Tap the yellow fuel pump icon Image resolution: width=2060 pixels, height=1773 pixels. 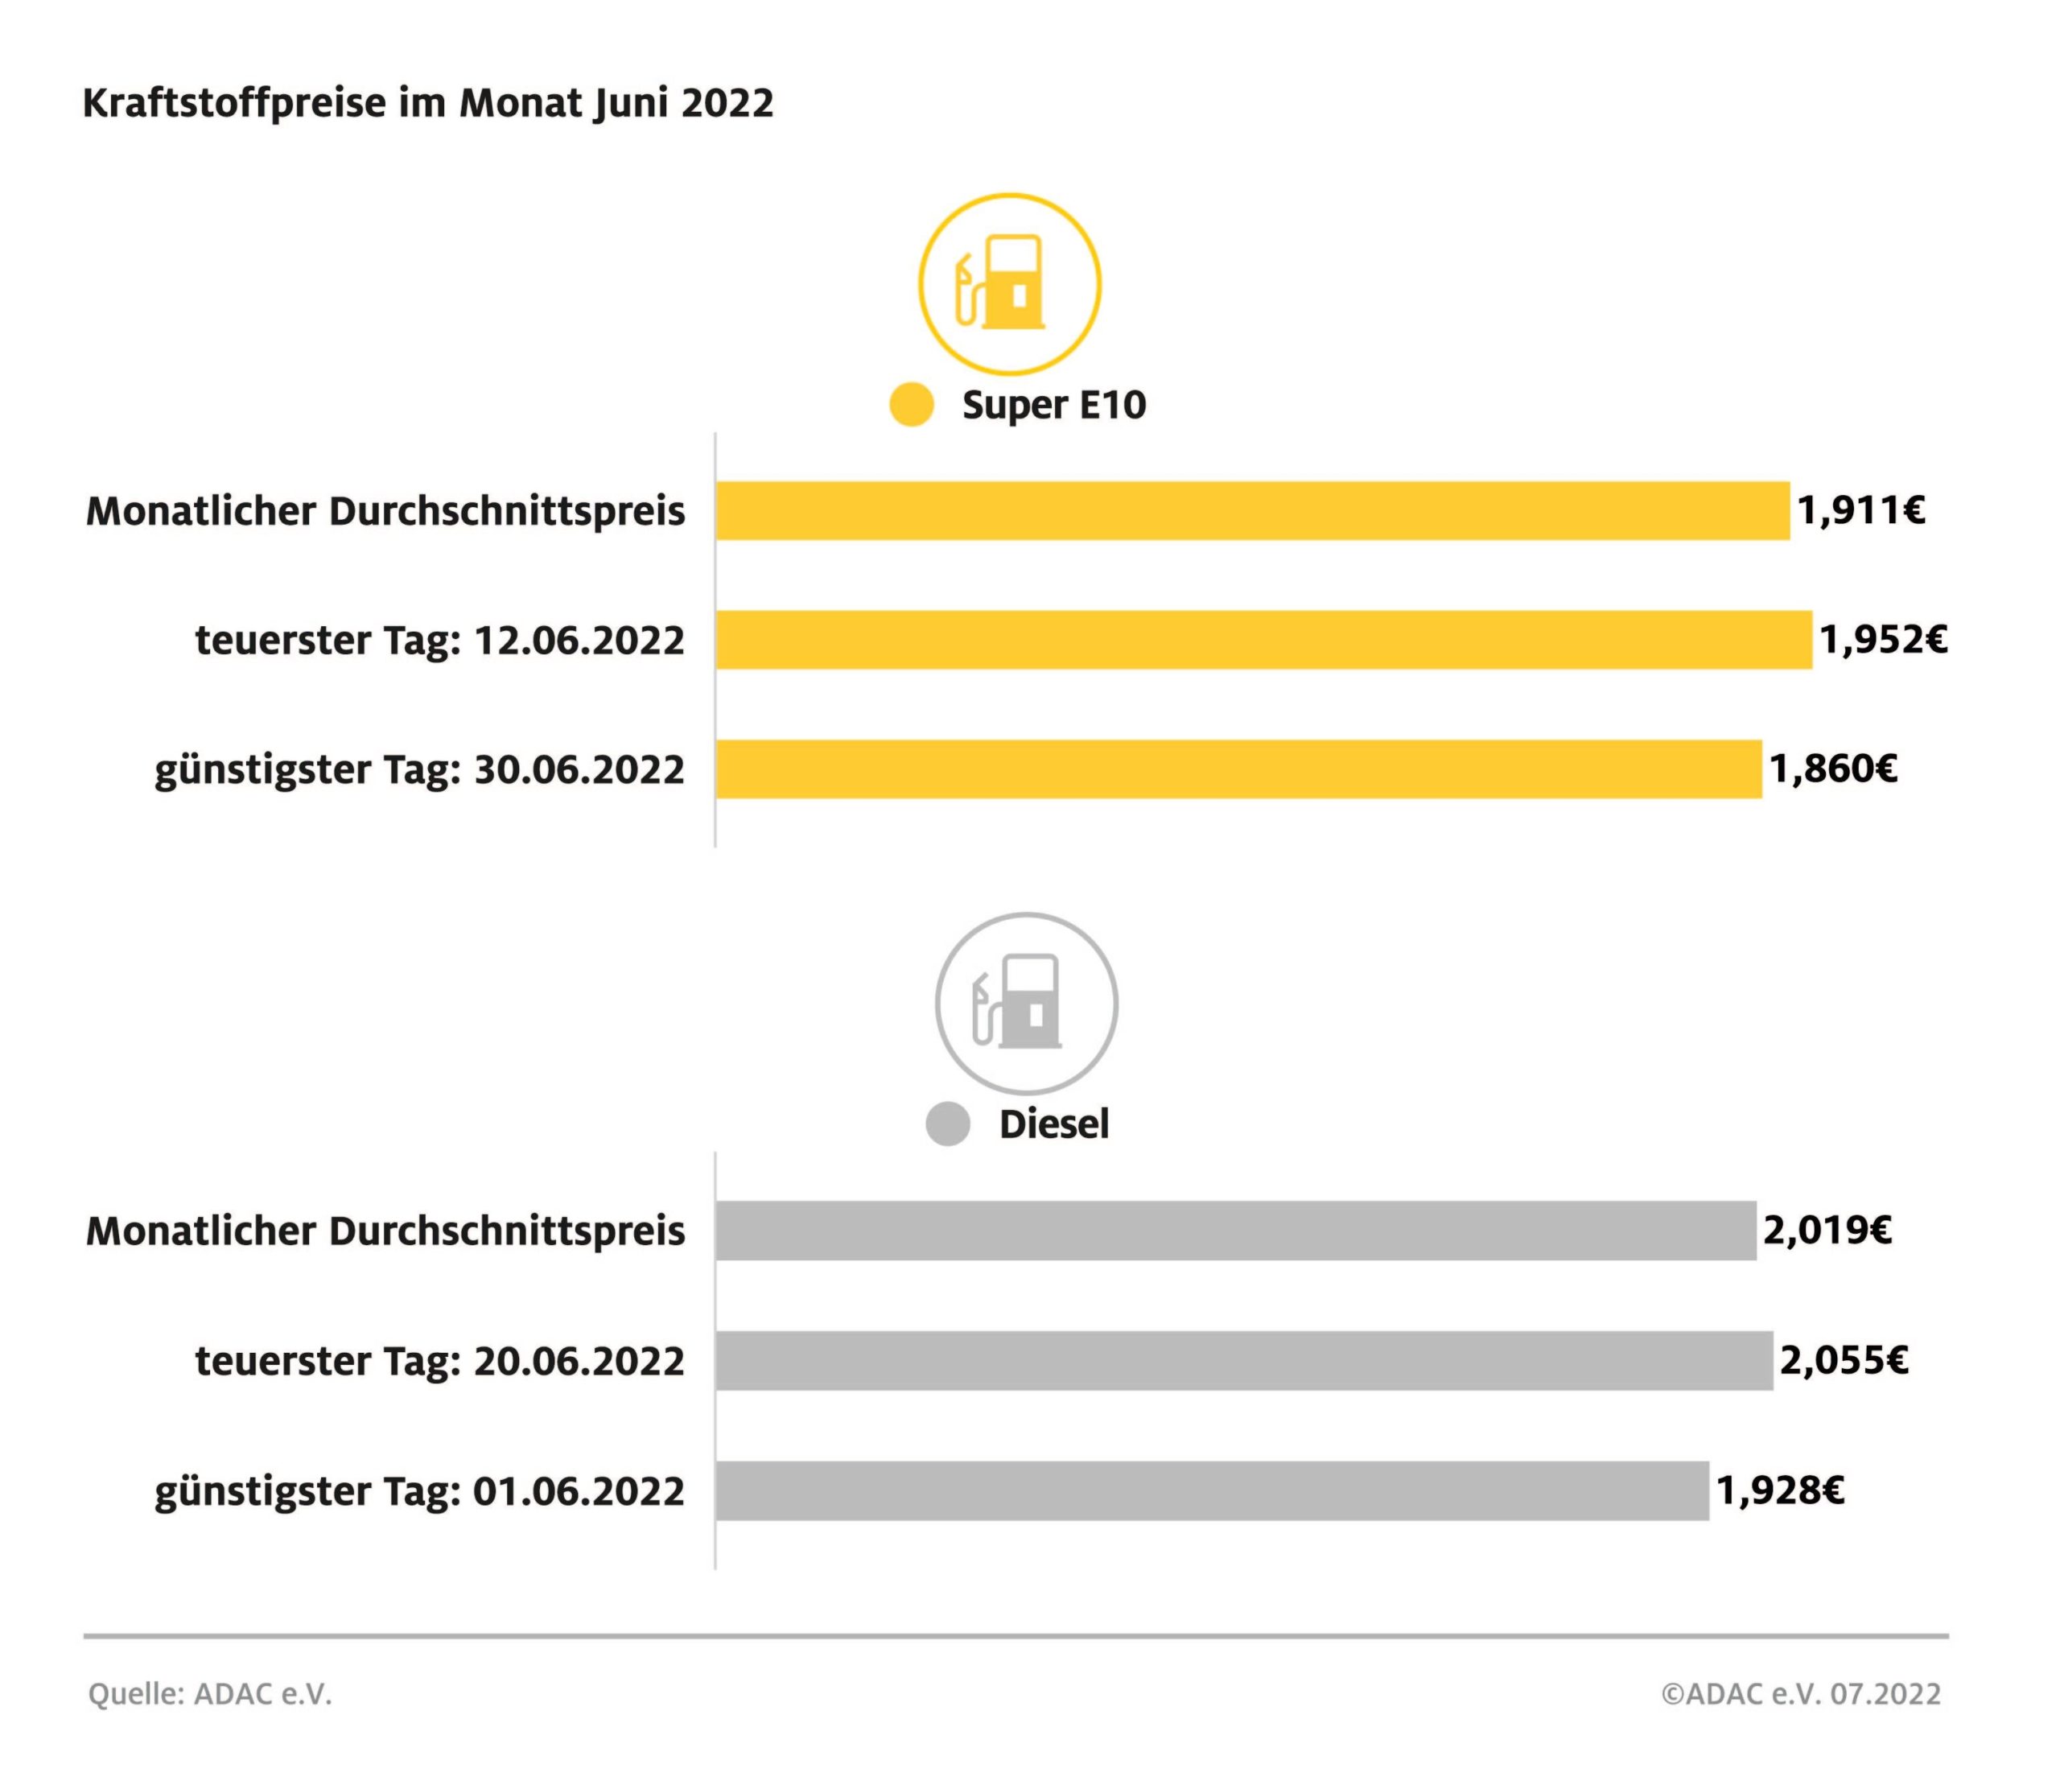coord(1009,284)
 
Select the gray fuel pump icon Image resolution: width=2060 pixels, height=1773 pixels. coord(1026,1004)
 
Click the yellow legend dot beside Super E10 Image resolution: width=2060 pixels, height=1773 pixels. coord(911,405)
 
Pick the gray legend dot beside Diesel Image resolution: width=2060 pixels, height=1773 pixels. coord(947,1124)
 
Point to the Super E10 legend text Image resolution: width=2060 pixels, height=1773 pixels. coord(1054,405)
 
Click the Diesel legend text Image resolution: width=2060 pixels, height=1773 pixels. coord(1054,1124)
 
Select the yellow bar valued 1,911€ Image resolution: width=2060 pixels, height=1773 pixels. coord(1252,511)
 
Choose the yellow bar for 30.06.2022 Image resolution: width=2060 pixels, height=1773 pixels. coord(1238,769)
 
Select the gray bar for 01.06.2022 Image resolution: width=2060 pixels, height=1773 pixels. coord(1211,1491)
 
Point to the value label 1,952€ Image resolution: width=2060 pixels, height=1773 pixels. coord(1883,639)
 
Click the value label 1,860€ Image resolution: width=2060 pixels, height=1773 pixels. coord(1832,769)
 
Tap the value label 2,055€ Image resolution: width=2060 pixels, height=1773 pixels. coord(1844,1359)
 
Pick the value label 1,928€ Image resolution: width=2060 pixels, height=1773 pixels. coord(1780,1491)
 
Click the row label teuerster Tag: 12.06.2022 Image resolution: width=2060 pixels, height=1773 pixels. coord(439,641)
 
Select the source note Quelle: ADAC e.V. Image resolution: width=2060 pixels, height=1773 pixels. coord(210,1693)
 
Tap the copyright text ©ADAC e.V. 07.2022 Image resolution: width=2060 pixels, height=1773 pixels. coord(1801,1693)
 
